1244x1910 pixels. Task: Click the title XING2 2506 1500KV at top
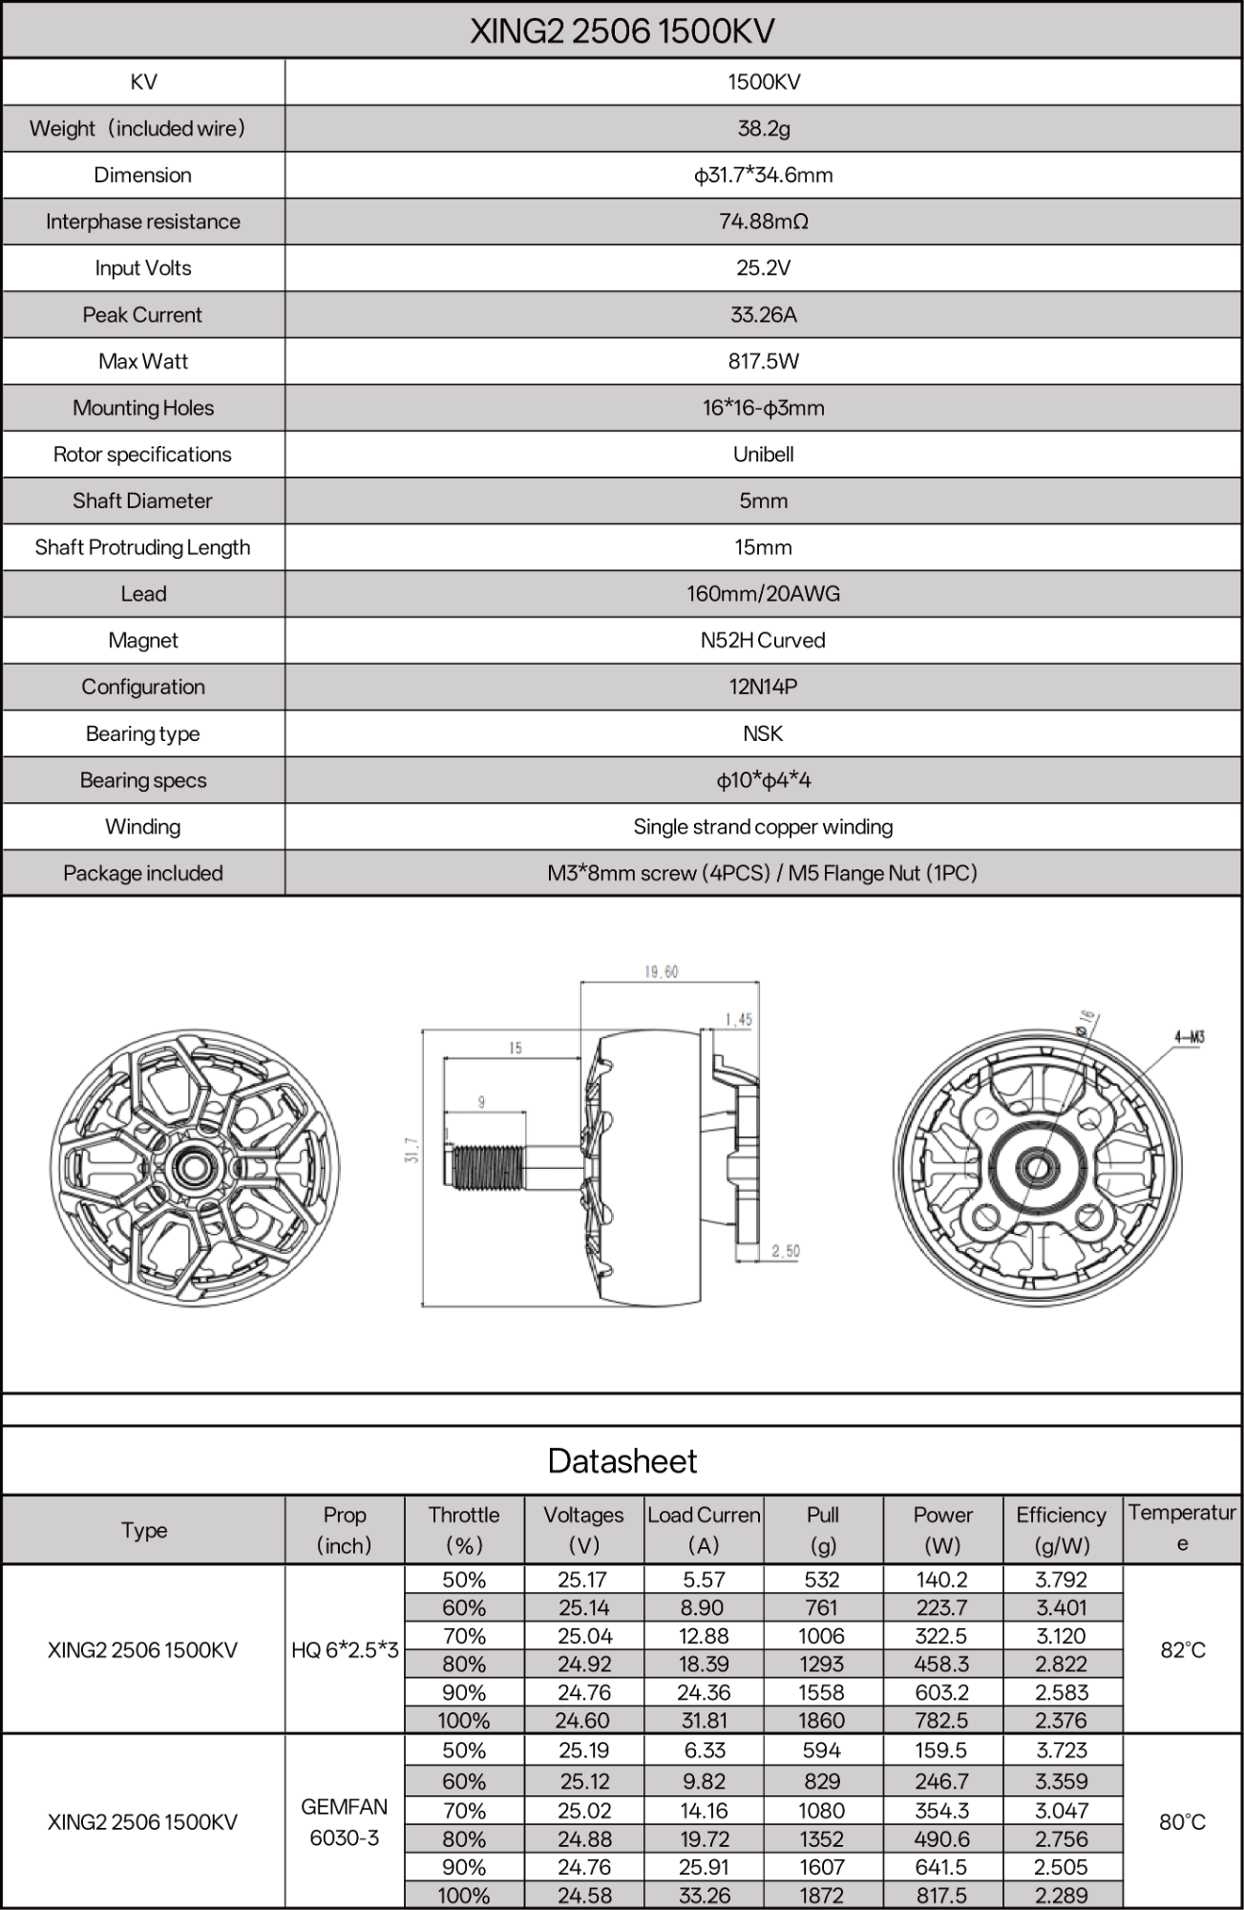pyautogui.click(x=622, y=32)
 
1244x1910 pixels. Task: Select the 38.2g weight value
pyautogui.click(x=763, y=128)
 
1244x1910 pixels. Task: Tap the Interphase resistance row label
pyautogui.click(x=143, y=222)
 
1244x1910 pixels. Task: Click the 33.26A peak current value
pyautogui.click(x=763, y=314)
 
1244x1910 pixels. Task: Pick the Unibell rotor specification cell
pyautogui.click(x=763, y=455)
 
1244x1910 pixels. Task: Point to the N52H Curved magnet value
pyautogui.click(x=763, y=640)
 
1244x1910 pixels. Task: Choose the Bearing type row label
pyautogui.click(x=143, y=733)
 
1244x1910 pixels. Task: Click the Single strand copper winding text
pyautogui.click(x=763, y=827)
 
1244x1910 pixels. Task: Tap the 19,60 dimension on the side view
pyautogui.click(x=661, y=972)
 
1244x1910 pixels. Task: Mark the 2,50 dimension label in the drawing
pyautogui.click(x=785, y=1251)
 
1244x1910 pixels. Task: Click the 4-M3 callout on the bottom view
pyautogui.click(x=1189, y=1037)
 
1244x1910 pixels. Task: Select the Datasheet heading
pyautogui.click(x=622, y=1461)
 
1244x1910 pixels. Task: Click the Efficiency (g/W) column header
pyautogui.click(x=1061, y=1529)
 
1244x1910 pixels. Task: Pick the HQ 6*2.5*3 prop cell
pyautogui.click(x=345, y=1649)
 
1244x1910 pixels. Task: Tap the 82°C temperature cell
pyautogui.click(x=1182, y=1649)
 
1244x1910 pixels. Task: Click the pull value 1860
pyautogui.click(x=822, y=1720)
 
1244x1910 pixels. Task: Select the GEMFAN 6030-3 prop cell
pyautogui.click(x=345, y=1821)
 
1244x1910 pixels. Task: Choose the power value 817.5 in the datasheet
pyautogui.click(x=941, y=1895)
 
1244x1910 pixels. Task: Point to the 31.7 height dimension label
pyautogui.click(x=411, y=1150)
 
